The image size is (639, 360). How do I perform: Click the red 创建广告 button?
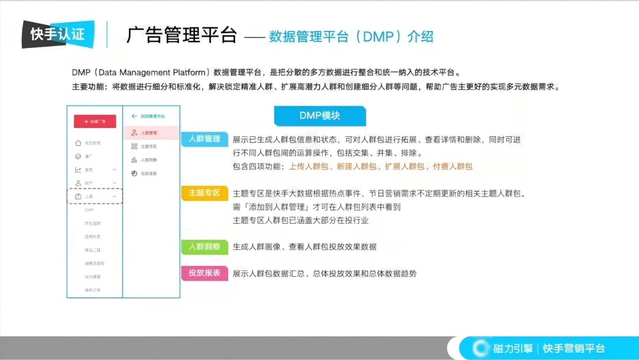95,121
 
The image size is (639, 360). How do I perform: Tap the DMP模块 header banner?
319,116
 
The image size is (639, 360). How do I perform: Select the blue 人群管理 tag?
204,139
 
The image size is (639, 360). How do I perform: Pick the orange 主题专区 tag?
204,192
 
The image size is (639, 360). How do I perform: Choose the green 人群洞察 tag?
204,246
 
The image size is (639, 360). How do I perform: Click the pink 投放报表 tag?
204,273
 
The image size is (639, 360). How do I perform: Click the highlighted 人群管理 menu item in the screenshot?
149,133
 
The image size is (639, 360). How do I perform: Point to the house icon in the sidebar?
78,143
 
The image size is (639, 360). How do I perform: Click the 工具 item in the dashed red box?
89,196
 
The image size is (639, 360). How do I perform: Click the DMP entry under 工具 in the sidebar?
89,210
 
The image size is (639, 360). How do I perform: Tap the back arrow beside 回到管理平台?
134,116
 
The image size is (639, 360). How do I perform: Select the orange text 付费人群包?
452,166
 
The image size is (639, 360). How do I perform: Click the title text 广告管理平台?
181,35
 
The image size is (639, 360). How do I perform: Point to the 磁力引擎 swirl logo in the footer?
481,348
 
